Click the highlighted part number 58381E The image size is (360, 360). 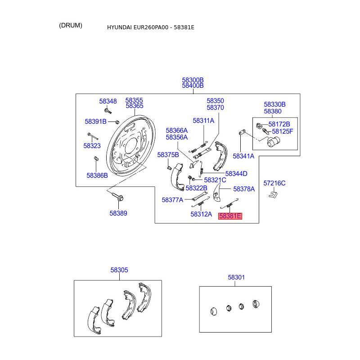pyautogui.click(x=230, y=216)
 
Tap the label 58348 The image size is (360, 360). pyautogui.click(x=108, y=102)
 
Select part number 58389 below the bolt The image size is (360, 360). pyautogui.click(x=118, y=214)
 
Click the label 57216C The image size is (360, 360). pyautogui.click(x=274, y=183)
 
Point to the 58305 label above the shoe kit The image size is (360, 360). pyautogui.click(x=119, y=270)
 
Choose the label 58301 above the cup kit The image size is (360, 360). pyautogui.click(x=236, y=278)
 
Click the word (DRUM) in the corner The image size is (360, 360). pyautogui.click(x=71, y=25)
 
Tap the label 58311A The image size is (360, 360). pyautogui.click(x=203, y=121)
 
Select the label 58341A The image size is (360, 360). pyautogui.click(x=243, y=156)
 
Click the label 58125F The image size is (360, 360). pyautogui.click(x=281, y=131)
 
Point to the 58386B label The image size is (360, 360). pyautogui.click(x=97, y=175)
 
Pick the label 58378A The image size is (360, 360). pyautogui.click(x=244, y=189)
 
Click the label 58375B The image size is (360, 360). pyautogui.click(x=168, y=155)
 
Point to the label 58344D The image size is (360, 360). pyautogui.click(x=236, y=174)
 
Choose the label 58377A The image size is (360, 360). pyautogui.click(x=172, y=200)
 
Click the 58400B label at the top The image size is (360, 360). pyautogui.click(x=193, y=85)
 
